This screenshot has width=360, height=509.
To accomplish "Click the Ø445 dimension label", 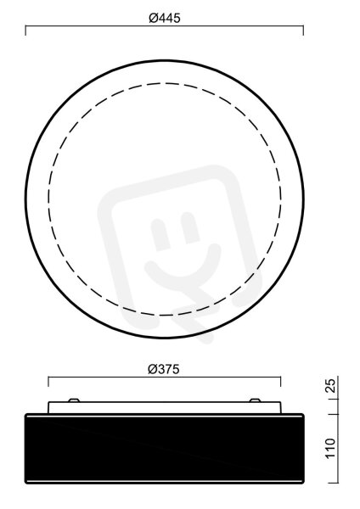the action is pos(165,18).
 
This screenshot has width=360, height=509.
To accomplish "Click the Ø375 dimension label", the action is pos(163,369).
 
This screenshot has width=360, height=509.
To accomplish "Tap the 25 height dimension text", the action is pos(330,386).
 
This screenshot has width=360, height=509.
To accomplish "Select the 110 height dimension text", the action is pos(330,448).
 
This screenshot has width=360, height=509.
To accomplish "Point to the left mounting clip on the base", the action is pos(74,400).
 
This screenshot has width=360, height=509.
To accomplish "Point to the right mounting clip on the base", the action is pos(255,400).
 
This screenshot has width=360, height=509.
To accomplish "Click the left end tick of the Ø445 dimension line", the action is pos(25,31).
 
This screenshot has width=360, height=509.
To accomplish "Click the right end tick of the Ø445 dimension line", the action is pos(303,31).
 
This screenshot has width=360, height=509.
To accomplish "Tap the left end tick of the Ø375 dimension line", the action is pos(48,382).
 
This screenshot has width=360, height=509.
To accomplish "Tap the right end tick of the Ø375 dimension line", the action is pos(281,382).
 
